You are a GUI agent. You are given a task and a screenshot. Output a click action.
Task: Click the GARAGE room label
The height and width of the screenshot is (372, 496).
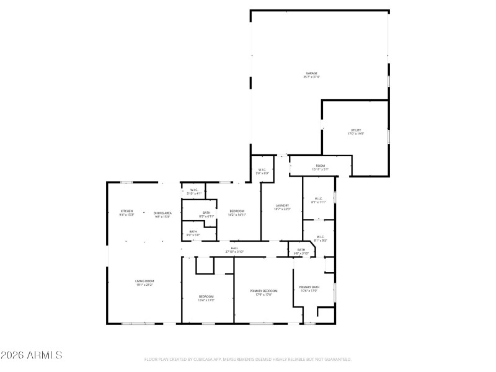pos(311,73)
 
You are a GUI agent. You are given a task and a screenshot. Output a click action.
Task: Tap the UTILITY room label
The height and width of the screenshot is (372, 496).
pos(356,130)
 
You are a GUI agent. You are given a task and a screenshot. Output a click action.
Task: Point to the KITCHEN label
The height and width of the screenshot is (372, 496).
pos(126,211)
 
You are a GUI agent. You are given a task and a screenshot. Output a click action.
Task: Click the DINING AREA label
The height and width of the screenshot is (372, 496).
pos(163,213)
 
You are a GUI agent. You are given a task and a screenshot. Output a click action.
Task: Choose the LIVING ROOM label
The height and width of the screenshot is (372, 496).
pos(144,281)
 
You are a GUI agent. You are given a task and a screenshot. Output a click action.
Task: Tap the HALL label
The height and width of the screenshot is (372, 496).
pos(235,249)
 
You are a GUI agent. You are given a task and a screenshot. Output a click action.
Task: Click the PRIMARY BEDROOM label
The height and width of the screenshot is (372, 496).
pos(263,291)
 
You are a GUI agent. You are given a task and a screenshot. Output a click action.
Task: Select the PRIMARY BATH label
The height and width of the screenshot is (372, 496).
pos(309,287)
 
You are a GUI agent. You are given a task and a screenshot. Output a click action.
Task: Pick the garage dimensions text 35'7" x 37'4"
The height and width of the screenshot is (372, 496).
pos(311,77)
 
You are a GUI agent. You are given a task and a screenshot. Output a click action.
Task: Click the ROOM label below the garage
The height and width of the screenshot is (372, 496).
pos(321,166)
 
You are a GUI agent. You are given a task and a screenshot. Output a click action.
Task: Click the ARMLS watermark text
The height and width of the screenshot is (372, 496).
pos(40,355)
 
